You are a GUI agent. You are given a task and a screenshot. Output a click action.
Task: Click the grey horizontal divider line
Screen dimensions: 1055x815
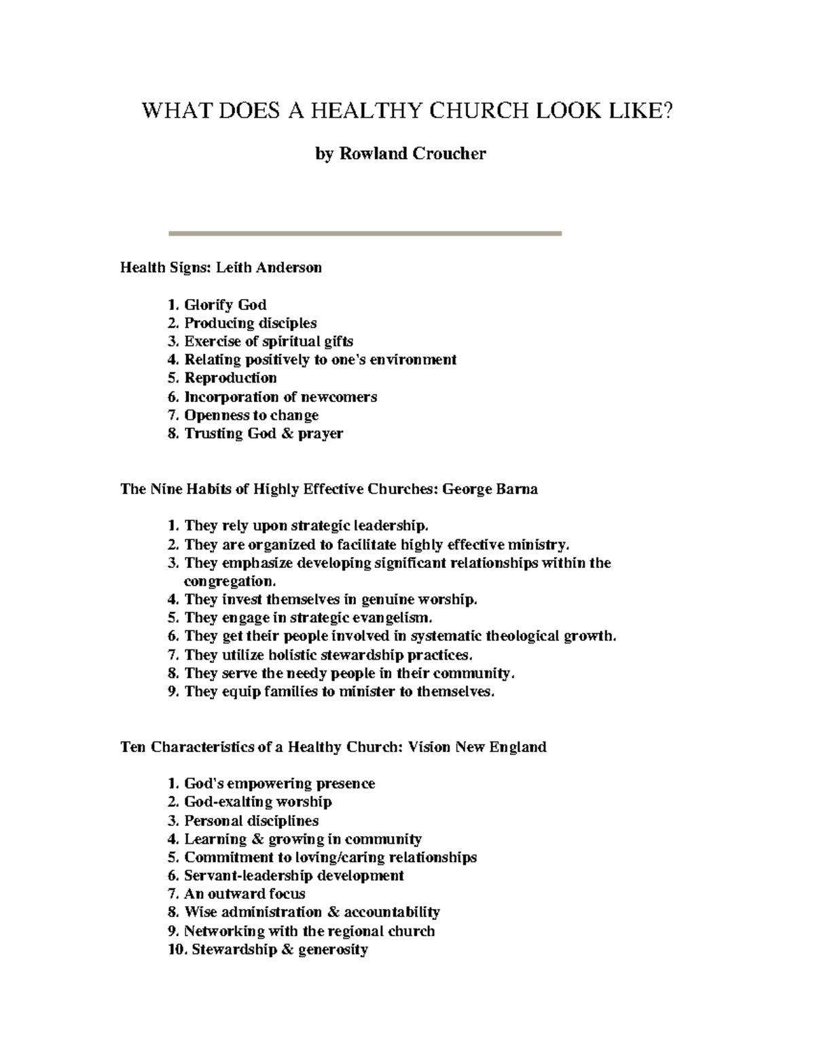pos(365,234)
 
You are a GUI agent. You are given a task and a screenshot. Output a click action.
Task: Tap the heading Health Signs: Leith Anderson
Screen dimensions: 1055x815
pos(221,268)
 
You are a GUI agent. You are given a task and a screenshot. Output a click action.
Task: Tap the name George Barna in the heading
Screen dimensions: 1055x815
pos(490,489)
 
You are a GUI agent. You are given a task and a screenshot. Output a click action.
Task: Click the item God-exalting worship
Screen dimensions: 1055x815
pos(258,802)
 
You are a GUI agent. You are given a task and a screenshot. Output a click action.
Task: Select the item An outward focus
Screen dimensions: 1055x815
pos(244,894)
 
